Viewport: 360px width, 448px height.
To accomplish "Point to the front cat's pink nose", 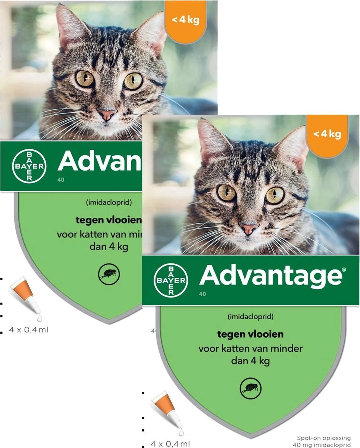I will [248, 228].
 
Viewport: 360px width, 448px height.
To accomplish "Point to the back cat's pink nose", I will [107, 114].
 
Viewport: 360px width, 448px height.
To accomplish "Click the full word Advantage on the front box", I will [270, 277].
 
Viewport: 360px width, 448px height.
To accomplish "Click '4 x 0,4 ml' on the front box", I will [170, 444].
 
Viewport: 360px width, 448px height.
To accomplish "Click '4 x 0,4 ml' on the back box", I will [29, 330].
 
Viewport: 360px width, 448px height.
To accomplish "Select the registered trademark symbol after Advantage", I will [344, 269].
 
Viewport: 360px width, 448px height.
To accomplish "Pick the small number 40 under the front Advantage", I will [202, 294].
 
